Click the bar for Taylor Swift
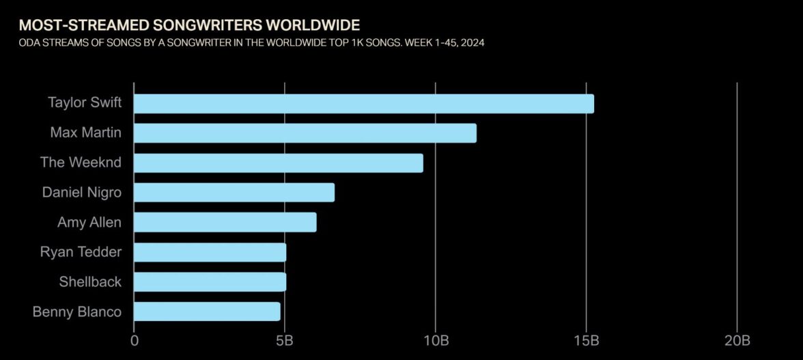coord(364,104)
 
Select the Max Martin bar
coord(305,133)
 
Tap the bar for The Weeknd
coord(279,163)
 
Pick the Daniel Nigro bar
coord(234,193)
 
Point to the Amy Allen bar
coord(225,223)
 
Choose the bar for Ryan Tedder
coord(210,252)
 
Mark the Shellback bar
coord(210,282)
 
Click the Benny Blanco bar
coord(207,311)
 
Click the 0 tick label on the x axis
coord(135,340)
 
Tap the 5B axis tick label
coord(285,340)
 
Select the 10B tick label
coord(436,340)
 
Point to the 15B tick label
coord(587,340)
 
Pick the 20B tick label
coord(737,340)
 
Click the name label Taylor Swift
coord(85,103)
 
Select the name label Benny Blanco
coord(77,311)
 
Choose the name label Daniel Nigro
coord(82,193)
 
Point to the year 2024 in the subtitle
coord(472,43)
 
